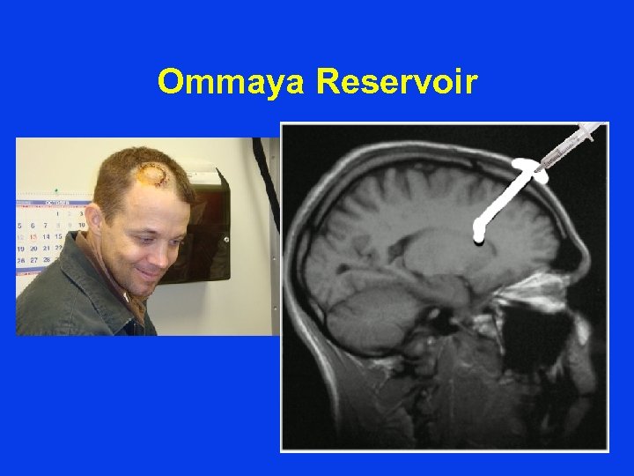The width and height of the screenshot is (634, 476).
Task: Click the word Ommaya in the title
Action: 232,82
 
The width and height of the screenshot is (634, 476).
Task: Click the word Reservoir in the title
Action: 396,82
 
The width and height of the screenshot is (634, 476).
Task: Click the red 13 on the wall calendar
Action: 33,237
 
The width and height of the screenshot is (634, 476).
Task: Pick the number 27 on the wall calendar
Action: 33,261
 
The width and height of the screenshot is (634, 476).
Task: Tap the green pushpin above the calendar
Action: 55,190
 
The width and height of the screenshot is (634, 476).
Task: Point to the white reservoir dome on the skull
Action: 529,168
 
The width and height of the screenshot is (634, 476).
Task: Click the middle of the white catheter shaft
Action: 502,202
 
